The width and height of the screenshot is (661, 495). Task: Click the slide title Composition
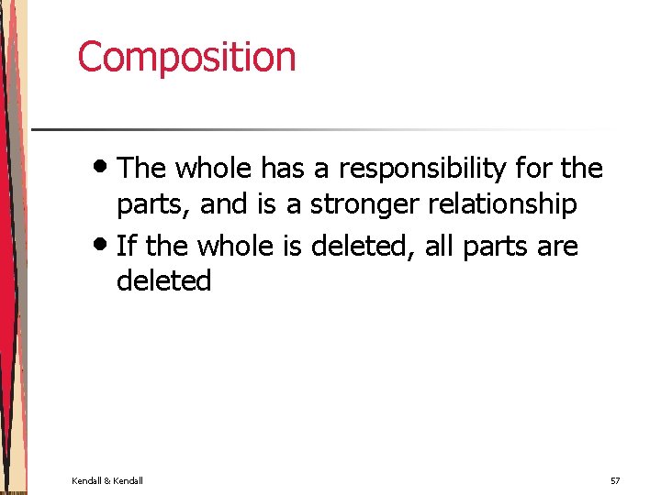(x=186, y=57)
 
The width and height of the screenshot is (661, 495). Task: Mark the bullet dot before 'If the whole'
(x=104, y=243)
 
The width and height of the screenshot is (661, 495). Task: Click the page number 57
(x=614, y=480)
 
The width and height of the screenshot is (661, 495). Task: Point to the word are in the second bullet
(x=557, y=247)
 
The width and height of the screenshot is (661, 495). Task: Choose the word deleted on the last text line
(x=163, y=280)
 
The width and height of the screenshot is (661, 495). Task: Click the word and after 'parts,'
(x=224, y=204)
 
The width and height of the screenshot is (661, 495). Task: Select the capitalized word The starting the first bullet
(x=141, y=169)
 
